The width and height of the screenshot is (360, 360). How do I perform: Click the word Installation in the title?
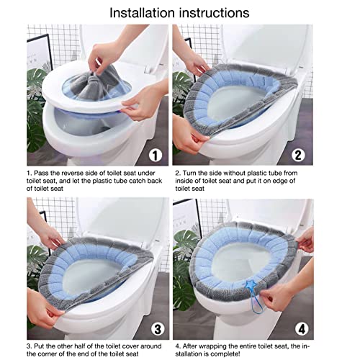[x=142, y=13]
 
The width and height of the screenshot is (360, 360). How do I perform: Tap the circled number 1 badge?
[x=156, y=156]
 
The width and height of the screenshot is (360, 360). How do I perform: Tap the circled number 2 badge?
[x=298, y=156]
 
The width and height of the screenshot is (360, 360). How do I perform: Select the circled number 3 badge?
[x=158, y=329]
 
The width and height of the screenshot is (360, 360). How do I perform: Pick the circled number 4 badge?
[x=302, y=328]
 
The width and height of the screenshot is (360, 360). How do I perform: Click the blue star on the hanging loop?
[x=251, y=285]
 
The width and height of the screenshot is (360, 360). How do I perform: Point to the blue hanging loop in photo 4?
[x=256, y=300]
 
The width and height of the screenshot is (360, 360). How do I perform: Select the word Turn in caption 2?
[x=189, y=173]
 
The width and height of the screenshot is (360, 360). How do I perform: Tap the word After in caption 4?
[x=190, y=346]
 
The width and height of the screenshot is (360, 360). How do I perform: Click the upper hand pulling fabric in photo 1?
[x=102, y=56]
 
